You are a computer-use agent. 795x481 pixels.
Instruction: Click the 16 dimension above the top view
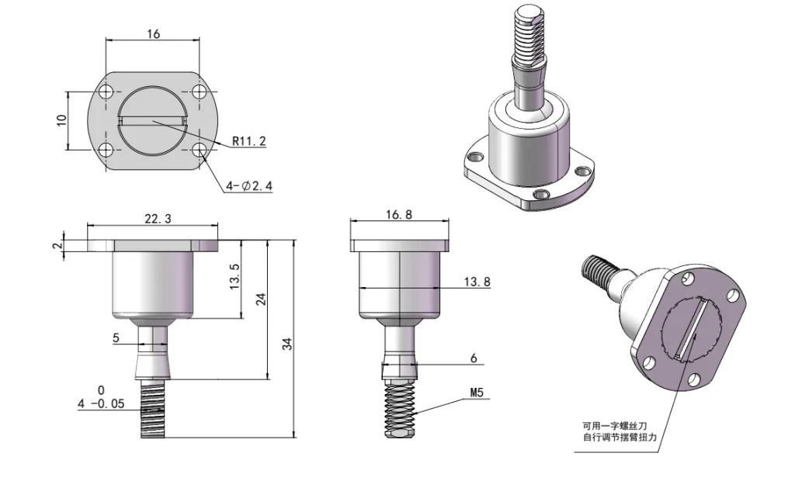(x=153, y=34)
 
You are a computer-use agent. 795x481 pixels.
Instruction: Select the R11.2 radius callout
(x=249, y=141)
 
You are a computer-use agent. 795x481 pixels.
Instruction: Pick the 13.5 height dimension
(x=235, y=277)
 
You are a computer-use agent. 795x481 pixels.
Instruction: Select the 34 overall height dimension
(x=286, y=344)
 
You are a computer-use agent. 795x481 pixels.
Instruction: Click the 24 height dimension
(x=262, y=299)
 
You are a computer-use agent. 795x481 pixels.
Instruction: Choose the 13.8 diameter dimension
(x=477, y=282)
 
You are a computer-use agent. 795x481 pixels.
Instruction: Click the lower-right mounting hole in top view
(x=200, y=149)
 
